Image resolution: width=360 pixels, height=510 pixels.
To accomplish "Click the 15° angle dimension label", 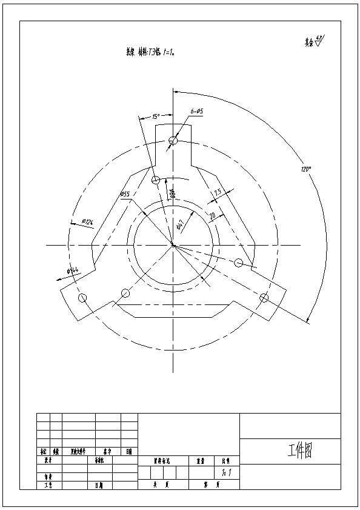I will click(155, 116).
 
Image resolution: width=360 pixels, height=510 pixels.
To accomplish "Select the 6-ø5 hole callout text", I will click(196, 112).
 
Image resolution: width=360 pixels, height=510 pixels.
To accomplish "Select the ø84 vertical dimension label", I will click(172, 193).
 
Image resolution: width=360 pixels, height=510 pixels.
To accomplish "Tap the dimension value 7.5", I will click(218, 192).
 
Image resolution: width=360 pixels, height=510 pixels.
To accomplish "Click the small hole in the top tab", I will click(173, 141).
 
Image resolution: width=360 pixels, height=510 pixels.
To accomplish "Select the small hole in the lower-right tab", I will click(264, 298).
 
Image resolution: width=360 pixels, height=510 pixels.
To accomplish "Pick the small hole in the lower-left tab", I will click(83, 298).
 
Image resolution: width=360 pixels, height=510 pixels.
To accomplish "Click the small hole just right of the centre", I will click(239, 263).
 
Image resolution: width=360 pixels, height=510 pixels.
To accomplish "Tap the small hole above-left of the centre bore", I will click(156, 180).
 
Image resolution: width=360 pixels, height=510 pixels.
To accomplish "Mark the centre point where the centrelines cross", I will click(173, 245).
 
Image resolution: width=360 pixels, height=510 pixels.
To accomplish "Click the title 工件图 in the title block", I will click(299, 451).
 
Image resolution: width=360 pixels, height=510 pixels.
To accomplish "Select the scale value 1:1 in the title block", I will click(225, 471).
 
